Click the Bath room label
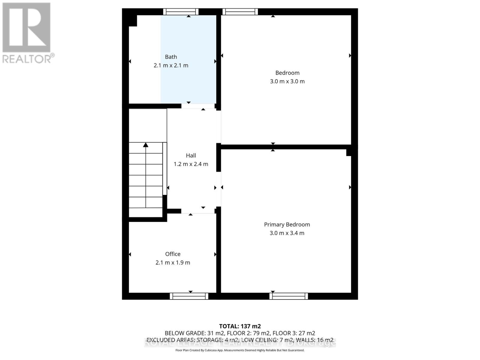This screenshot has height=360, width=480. coord(171,57)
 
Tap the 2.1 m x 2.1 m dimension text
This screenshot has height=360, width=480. coord(171,65)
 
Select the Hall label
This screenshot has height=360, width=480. coord(191,155)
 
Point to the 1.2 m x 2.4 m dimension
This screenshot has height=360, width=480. coord(191,164)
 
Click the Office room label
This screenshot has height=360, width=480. coord(173,254)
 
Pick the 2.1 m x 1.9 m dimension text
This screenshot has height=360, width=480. coord(173,262)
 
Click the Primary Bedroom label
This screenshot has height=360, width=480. coord(287,224)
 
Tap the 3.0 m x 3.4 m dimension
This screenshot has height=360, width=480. coord(287,233)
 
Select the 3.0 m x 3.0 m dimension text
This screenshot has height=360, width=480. coord(287,81)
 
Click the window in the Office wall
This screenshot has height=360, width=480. coord(189,296)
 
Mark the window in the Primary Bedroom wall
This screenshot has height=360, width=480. coord(289,296)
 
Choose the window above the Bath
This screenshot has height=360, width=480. coord(181,12)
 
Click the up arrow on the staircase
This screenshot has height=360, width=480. coord(146,145)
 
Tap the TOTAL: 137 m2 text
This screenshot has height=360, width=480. coord(240,326)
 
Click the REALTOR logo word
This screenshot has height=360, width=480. coord(28,58)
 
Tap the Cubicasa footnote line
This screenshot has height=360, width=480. coord(240,350)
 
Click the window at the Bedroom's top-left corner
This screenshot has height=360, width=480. coord(240,12)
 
